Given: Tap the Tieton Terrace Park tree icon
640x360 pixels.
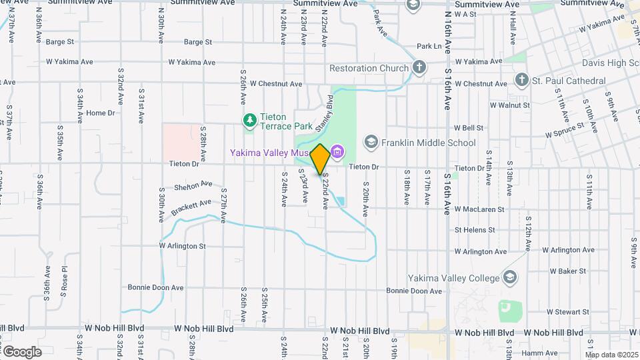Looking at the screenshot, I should tap(250, 120).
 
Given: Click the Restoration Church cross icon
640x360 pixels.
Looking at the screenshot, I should tap(419, 67).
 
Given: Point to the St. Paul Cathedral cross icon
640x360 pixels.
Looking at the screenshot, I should tap(522, 81).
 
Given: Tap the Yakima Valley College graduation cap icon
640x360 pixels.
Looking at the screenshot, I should tap(509, 277).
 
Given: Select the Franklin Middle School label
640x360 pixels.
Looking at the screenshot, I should tap(429, 143).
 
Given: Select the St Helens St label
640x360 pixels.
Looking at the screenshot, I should tap(475, 230).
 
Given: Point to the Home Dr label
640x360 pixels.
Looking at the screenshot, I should tap(101, 113).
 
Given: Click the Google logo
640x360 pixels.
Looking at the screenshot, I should tap(21, 351).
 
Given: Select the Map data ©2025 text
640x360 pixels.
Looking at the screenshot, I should tap(612, 355).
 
